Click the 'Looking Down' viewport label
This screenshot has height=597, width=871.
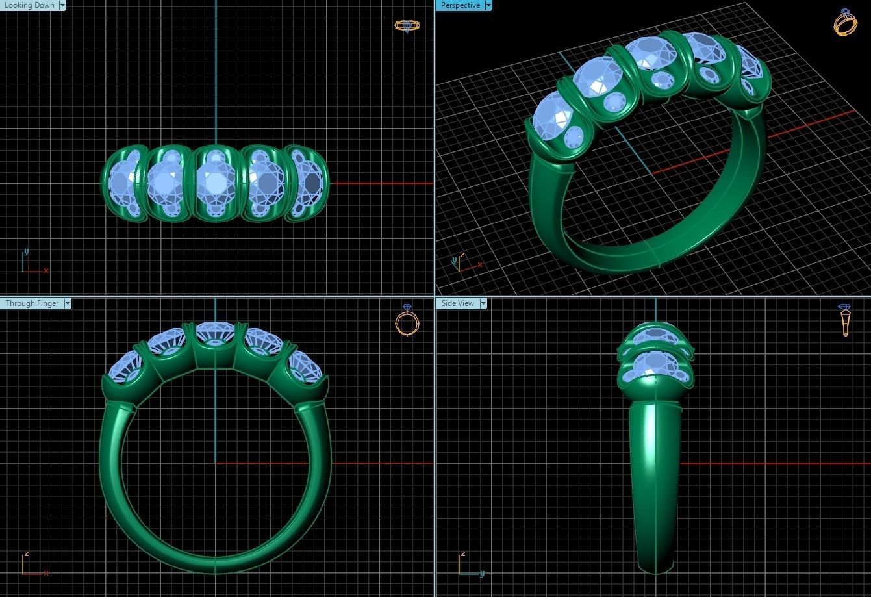pyautogui.click(x=29, y=5)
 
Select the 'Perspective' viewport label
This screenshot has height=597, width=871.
pyautogui.click(x=460, y=5)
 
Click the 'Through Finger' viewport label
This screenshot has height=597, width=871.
pyautogui.click(x=32, y=303)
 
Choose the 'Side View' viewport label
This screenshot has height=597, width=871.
pyautogui.click(x=457, y=303)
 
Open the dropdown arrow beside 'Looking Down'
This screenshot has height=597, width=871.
pyautogui.click(x=62, y=5)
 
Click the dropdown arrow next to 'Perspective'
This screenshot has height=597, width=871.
pyautogui.click(x=488, y=5)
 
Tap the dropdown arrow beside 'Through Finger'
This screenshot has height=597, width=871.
pyautogui.click(x=68, y=303)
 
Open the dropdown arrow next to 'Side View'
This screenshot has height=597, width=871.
pyautogui.click(x=483, y=303)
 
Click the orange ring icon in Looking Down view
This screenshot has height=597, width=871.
pyautogui.click(x=407, y=26)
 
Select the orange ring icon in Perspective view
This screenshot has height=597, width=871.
pyautogui.click(x=845, y=23)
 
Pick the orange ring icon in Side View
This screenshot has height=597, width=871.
pyautogui.click(x=845, y=320)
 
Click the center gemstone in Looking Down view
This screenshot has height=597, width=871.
pyautogui.click(x=215, y=183)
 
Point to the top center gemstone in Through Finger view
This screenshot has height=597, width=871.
pyautogui.click(x=215, y=333)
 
